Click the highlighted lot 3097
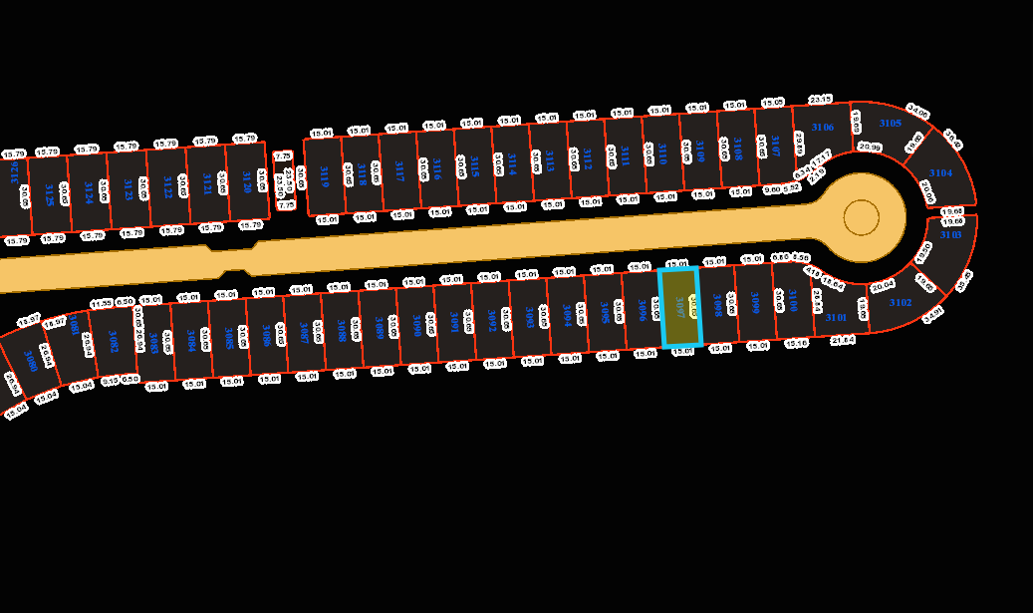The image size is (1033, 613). tap(680, 307)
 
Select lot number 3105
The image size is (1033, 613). tap(890, 123)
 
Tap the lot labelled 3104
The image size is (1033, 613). tap(940, 172)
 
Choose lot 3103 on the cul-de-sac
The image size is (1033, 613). tap(950, 235)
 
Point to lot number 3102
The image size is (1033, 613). tap(900, 302)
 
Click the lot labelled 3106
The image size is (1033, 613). tap(822, 127)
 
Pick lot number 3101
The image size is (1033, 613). tap(836, 317)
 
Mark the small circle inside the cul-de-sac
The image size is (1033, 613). tap(861, 217)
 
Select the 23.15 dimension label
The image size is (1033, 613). tap(820, 100)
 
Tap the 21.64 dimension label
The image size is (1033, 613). tap(843, 340)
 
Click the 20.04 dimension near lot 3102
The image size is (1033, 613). tap(883, 286)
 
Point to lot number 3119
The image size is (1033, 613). tap(324, 176)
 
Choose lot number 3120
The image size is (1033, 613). tap(247, 180)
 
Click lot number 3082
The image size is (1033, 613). tap(114, 342)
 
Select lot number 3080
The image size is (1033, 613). tap(31, 361)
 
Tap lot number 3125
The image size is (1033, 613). tap(49, 193)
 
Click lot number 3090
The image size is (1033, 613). tap(417, 324)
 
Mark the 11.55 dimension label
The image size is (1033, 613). tap(101, 303)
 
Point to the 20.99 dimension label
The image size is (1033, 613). tap(870, 148)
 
